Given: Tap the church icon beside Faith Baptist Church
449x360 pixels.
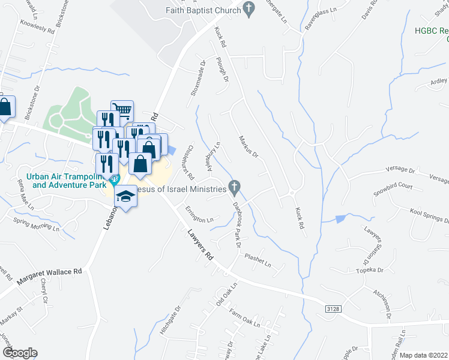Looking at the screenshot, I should pos(249,9).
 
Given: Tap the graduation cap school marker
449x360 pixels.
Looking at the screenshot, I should pos(125,197).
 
